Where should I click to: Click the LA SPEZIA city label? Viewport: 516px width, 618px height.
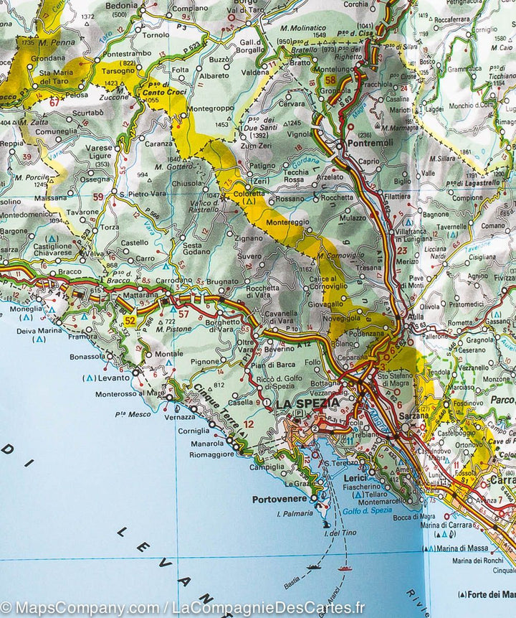307,403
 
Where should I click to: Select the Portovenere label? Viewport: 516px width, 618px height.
279,499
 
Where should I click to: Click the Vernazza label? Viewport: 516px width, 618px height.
179,417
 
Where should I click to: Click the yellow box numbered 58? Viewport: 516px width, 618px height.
330,80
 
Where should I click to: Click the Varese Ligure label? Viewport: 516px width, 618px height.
100,151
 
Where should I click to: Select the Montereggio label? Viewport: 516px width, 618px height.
288,223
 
